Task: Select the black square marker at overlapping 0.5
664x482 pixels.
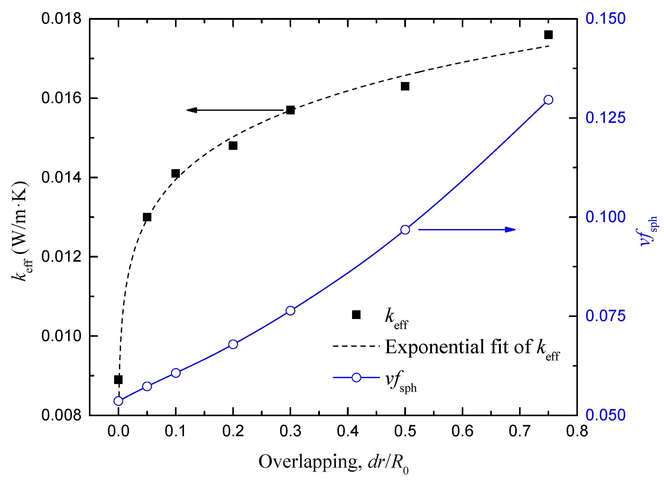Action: [x=405, y=86]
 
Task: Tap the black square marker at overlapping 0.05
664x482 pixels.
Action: [x=147, y=217]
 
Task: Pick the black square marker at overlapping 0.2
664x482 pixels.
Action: [x=233, y=145]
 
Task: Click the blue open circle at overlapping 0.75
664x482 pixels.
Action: [x=548, y=100]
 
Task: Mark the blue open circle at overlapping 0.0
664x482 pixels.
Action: [x=118, y=401]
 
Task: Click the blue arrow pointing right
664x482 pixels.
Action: [x=467, y=230]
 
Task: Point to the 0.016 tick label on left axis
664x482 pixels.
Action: [x=61, y=98]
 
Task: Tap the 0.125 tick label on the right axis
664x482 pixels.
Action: [x=605, y=118]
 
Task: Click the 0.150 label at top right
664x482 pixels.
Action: [x=605, y=19]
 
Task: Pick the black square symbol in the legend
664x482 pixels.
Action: [x=356, y=315]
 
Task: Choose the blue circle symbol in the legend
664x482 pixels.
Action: [x=356, y=377]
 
